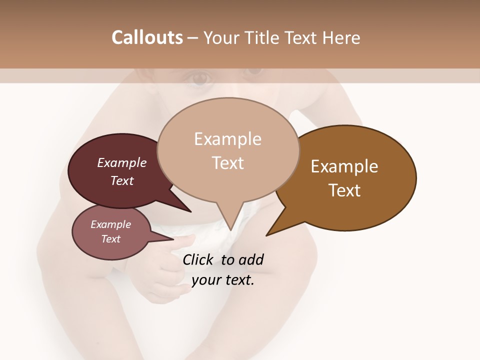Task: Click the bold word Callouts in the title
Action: tap(147, 37)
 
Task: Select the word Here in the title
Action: tap(340, 37)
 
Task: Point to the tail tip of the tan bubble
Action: tap(230, 230)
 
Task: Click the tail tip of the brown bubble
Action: tap(267, 234)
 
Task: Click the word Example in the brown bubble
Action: tap(344, 166)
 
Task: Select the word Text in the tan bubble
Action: tap(228, 163)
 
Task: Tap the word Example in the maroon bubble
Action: tap(121, 162)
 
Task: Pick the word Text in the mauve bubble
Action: tap(111, 239)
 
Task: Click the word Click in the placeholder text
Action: tap(199, 259)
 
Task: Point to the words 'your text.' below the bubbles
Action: tap(223, 280)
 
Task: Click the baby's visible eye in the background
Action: tap(200, 78)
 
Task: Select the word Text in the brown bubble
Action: tap(345, 190)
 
